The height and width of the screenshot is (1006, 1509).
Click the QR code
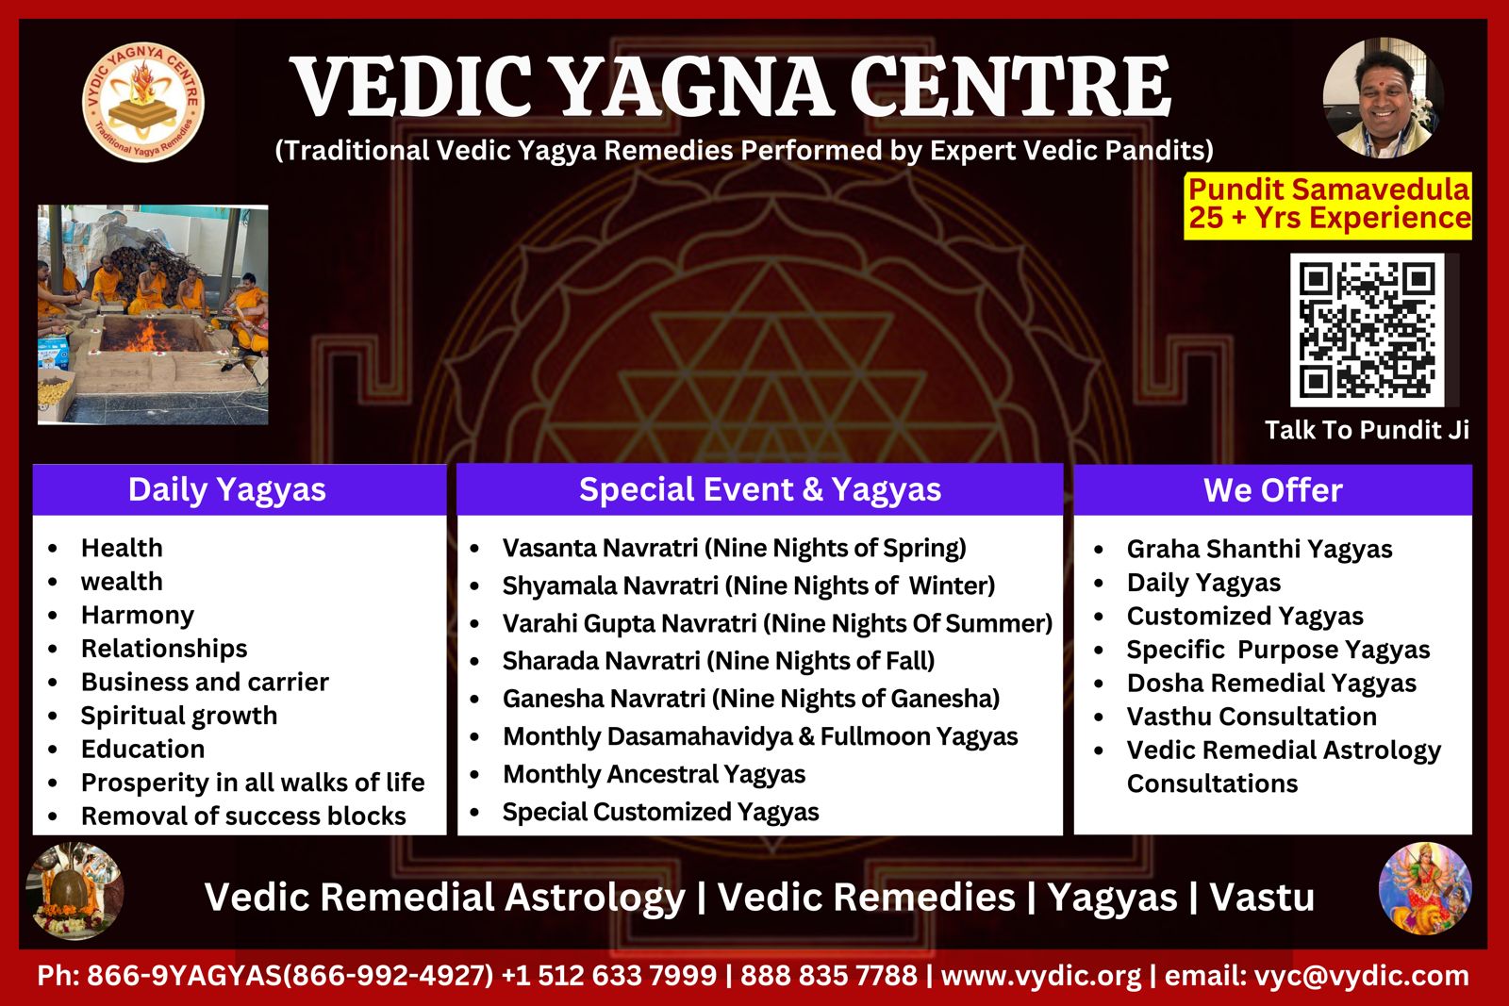1367,329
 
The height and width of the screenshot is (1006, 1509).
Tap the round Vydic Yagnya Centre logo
142,102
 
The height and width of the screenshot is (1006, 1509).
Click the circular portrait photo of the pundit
1383,98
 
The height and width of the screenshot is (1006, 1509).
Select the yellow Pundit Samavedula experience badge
1328,206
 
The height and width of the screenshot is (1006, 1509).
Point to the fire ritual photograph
153,315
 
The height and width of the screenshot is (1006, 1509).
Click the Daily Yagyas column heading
227,489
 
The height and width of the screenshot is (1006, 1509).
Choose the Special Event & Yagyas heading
760,489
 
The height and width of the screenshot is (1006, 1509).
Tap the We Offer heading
1272,490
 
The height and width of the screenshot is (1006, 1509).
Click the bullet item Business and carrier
205,682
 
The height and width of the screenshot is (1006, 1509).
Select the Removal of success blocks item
243,816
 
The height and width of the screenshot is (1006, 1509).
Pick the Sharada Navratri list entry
718,661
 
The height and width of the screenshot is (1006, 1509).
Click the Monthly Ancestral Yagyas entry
654,775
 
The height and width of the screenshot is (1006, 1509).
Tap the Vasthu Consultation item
1252,717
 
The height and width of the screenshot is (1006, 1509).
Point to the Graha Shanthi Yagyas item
1259,550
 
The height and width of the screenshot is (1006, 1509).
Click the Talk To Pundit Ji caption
1367,430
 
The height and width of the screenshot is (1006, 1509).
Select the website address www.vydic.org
1041,976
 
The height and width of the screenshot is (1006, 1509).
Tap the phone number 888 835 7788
829,976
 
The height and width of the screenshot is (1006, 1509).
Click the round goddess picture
1425,888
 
